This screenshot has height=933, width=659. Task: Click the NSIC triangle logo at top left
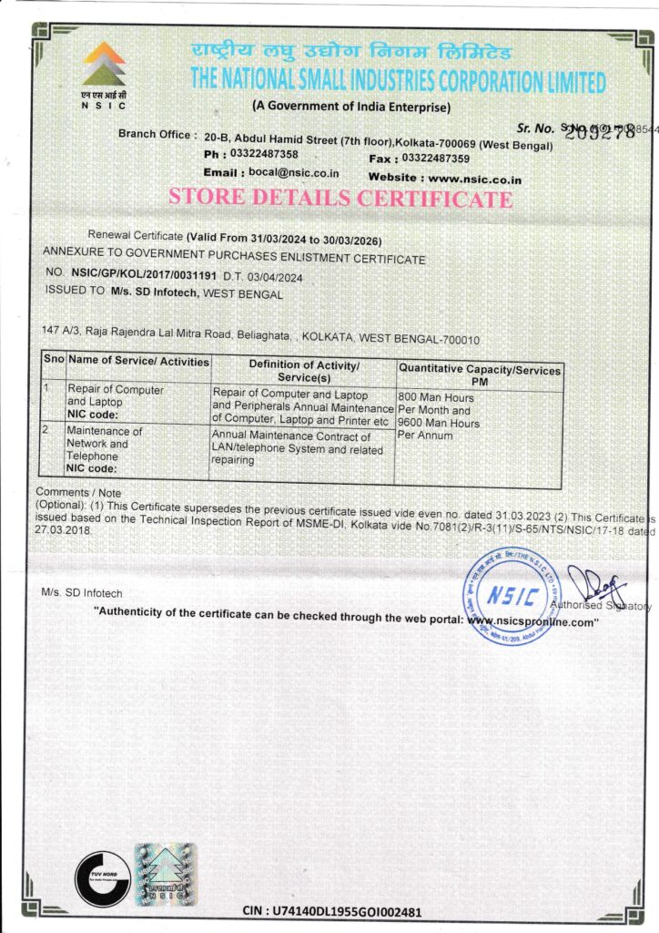104,65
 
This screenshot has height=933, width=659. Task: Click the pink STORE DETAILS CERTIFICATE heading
340,198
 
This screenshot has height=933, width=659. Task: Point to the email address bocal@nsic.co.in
289,172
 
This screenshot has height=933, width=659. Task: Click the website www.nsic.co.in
475,179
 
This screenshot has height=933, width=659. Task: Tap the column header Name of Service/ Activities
138,362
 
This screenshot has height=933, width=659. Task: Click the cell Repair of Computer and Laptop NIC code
117,401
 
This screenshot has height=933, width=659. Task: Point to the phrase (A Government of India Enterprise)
351,108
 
